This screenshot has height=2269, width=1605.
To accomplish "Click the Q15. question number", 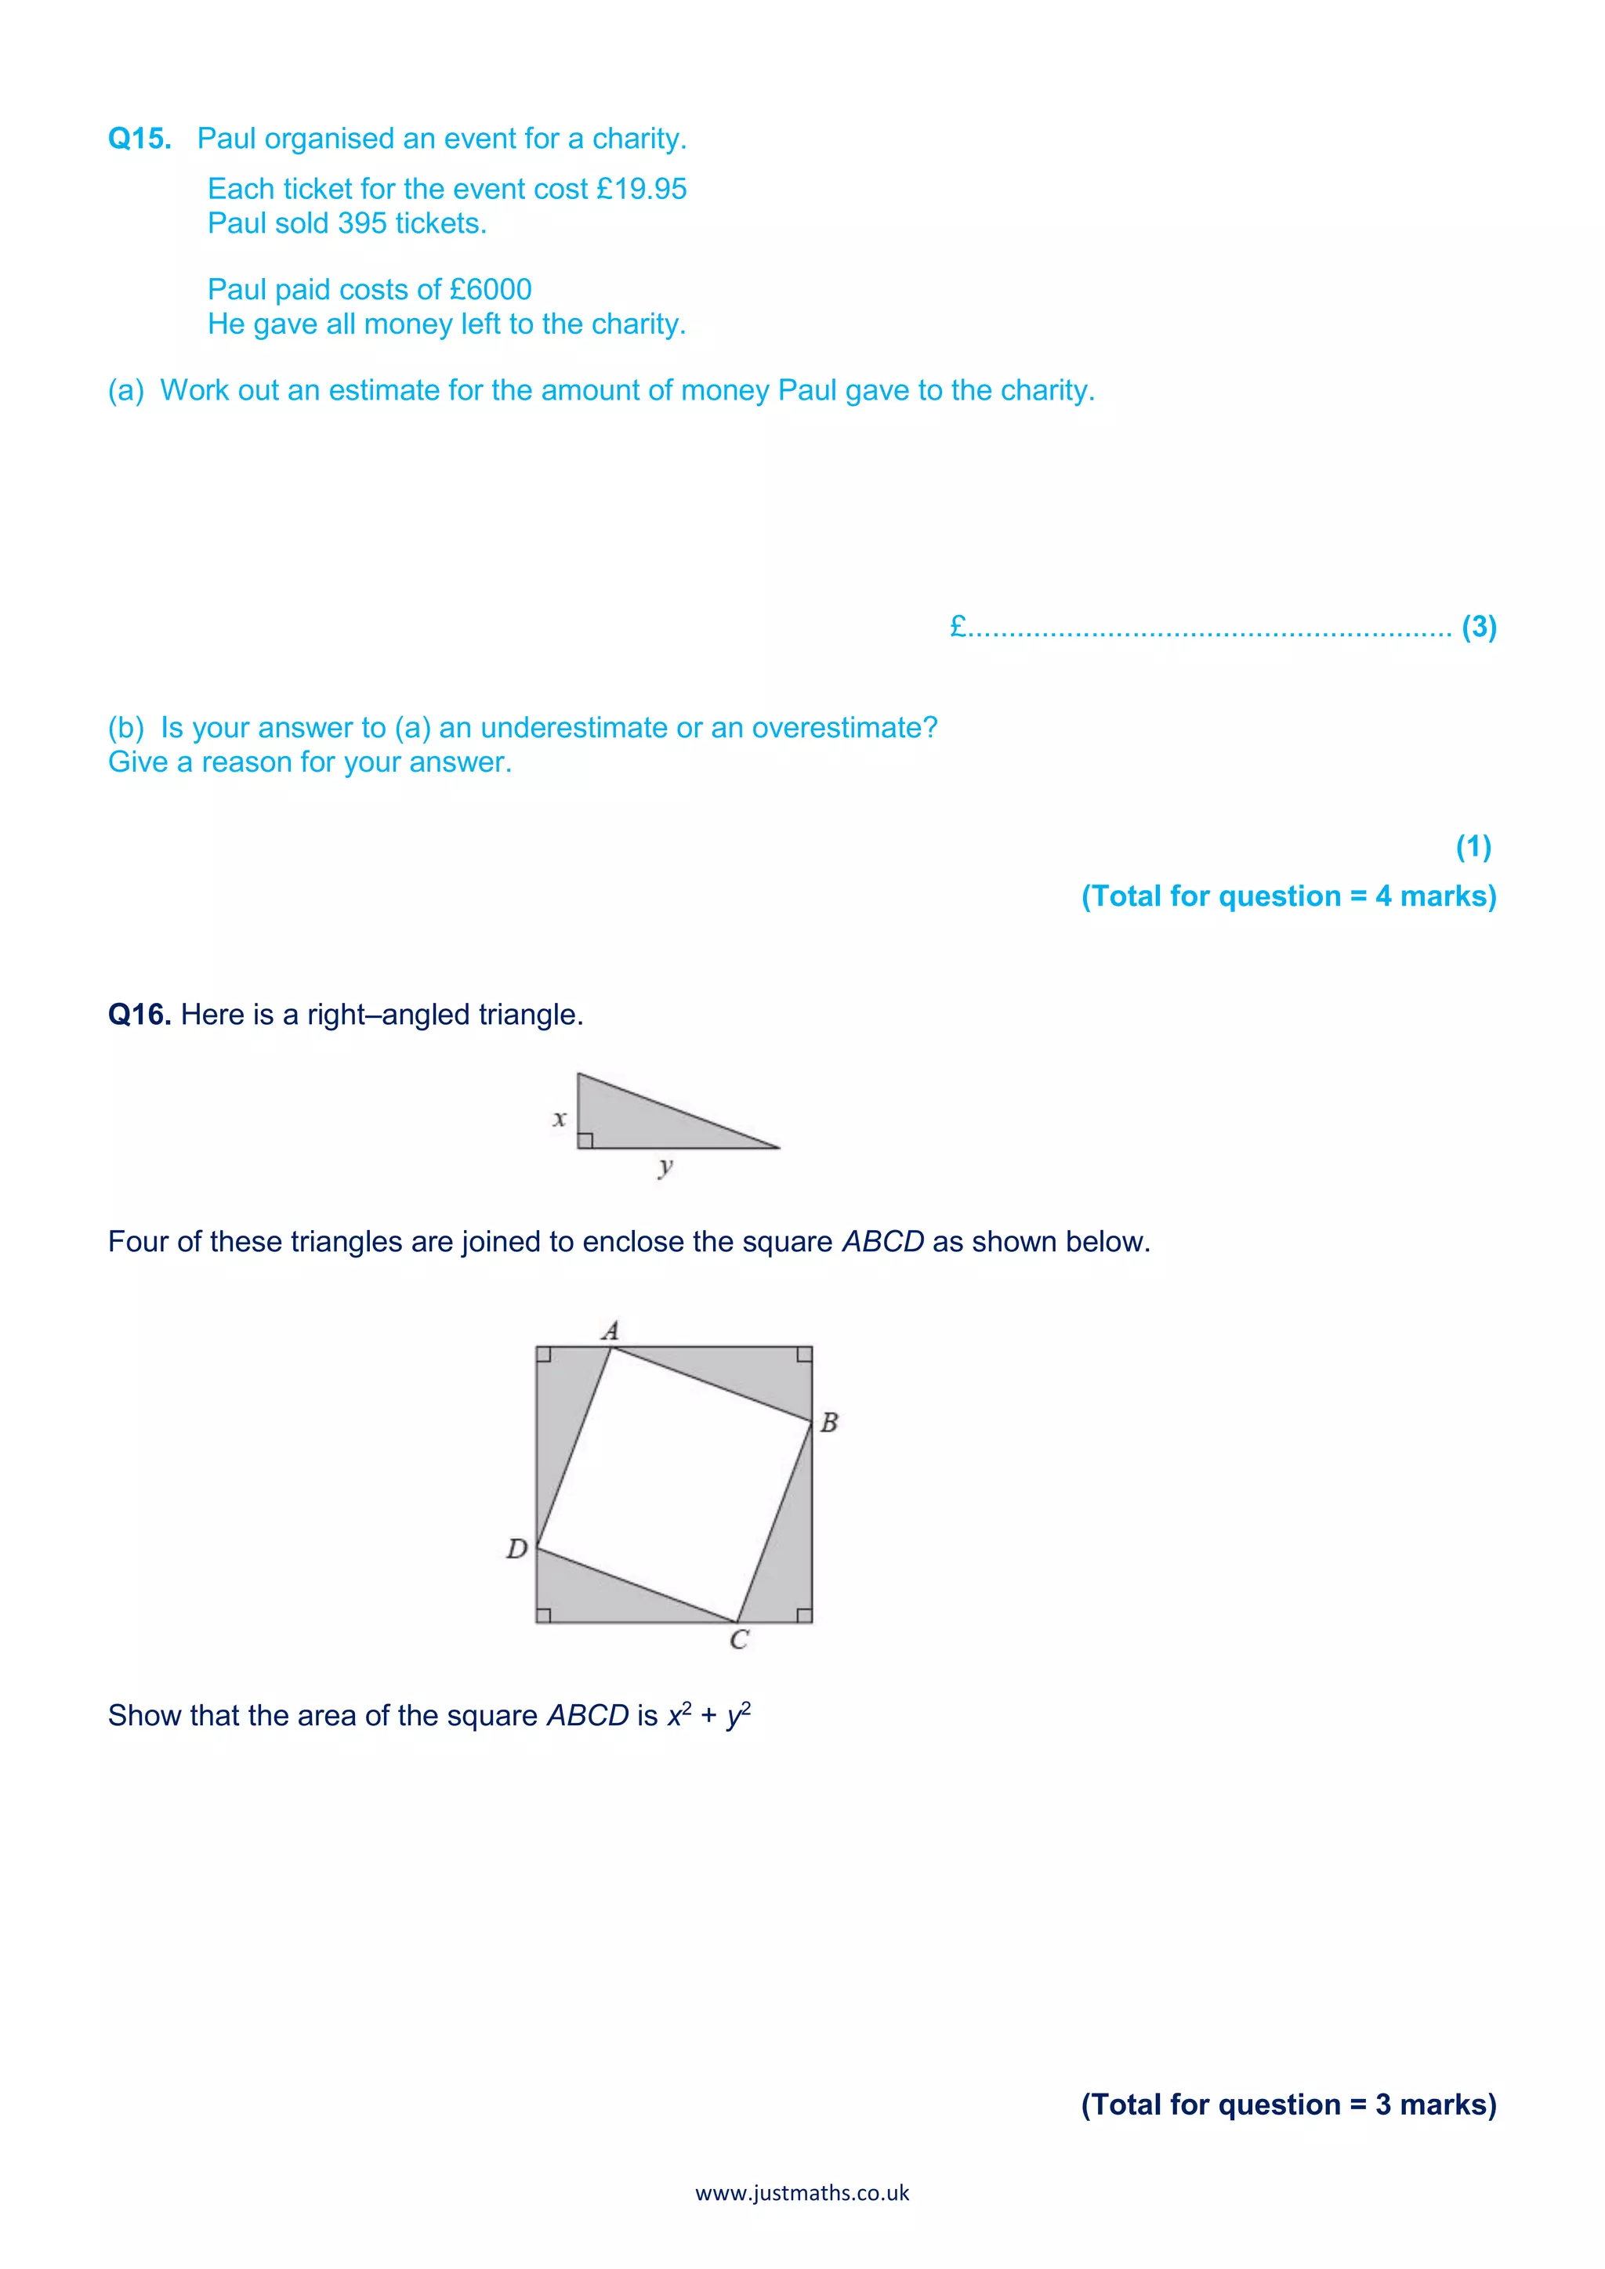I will pyautogui.click(x=139, y=139).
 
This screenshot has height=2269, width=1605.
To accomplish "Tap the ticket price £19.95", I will pyautogui.click(x=641, y=189).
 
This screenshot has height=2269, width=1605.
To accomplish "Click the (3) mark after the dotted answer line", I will pyautogui.click(x=1479, y=627).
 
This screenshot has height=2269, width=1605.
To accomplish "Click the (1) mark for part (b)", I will pyautogui.click(x=1473, y=846).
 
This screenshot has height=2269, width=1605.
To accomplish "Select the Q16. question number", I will pyautogui.click(x=139, y=1015).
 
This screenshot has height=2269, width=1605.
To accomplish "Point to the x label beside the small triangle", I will pyautogui.click(x=560, y=1119).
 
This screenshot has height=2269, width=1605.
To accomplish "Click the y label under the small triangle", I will pyautogui.click(x=665, y=1167).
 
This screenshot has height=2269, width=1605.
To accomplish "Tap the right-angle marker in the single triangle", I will pyautogui.click(x=585, y=1141).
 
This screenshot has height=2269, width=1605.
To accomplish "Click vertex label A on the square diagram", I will pyautogui.click(x=610, y=1330).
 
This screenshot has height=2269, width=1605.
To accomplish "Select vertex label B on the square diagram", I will pyautogui.click(x=829, y=1422).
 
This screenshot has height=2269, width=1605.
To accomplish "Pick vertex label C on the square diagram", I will pyautogui.click(x=738, y=1640).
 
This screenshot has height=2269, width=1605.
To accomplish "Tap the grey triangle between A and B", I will pyautogui.click(x=751, y=1369).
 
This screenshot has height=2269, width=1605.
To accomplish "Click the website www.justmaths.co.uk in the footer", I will pyautogui.click(x=802, y=2193).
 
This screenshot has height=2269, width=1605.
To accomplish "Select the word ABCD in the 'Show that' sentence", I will pyautogui.click(x=587, y=1716).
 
